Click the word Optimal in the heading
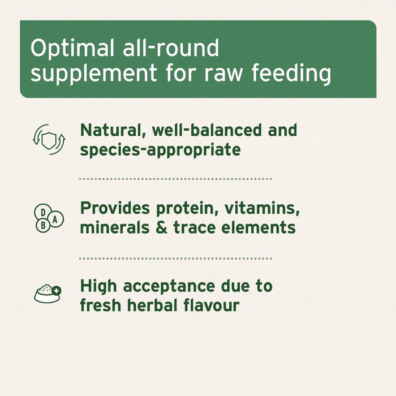pyautogui.click(x=71, y=49)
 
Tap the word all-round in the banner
pyautogui.click(x=170, y=49)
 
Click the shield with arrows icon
pyautogui.click(x=49, y=139)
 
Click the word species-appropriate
pyautogui.click(x=160, y=150)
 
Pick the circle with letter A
pyautogui.click(x=57, y=218)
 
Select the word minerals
pyautogui.click(x=111, y=227)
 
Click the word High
pyautogui.click(x=98, y=286)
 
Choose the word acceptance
pyautogui.click(x=167, y=286)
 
